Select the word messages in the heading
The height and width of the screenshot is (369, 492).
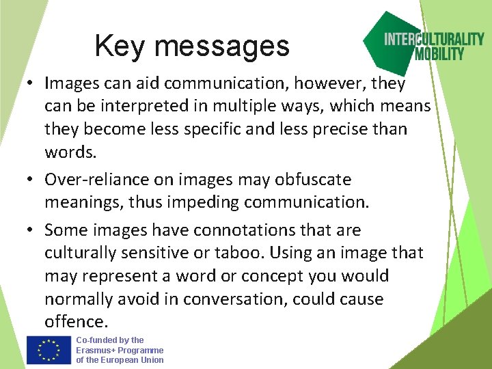pyautogui.click(x=222, y=47)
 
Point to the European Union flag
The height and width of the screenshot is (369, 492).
pyautogui.click(x=49, y=350)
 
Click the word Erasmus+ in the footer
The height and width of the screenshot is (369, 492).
pyautogui.click(x=95, y=350)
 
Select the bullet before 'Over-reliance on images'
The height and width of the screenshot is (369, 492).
pyautogui.click(x=31, y=180)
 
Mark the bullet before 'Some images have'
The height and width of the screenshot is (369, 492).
pyautogui.click(x=31, y=231)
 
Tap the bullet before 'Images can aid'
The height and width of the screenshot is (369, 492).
pyautogui.click(x=31, y=84)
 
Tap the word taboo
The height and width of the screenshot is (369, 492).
pyautogui.click(x=241, y=253)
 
